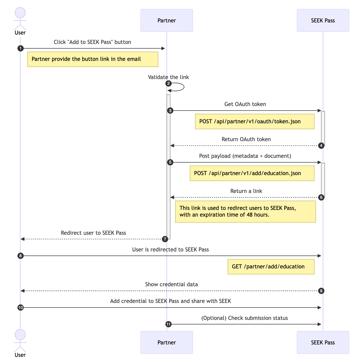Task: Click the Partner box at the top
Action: click(167, 20)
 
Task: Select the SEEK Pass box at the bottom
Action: click(323, 342)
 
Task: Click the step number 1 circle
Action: click(20, 48)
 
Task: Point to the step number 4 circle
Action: click(321, 146)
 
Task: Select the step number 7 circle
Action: click(165, 239)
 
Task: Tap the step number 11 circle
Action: click(168, 324)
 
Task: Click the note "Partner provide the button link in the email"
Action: click(93, 59)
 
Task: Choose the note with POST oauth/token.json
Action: click(255, 121)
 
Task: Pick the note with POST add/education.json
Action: click(252, 173)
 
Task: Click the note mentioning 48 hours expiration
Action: click(245, 211)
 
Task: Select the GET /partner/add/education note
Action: click(271, 267)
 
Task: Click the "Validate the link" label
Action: click(168, 77)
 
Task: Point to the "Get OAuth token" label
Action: click(245, 104)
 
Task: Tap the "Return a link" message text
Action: click(246, 191)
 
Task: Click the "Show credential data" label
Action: click(171, 284)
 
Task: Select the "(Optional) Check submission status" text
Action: click(244, 318)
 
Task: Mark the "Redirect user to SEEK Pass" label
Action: click(93, 233)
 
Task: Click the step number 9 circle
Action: click(321, 291)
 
